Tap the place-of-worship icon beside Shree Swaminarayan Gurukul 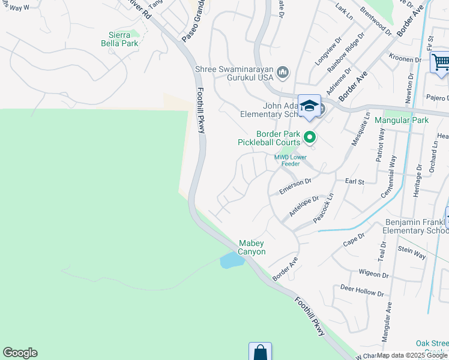[283, 73]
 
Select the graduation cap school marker [309, 106]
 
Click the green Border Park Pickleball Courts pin [310, 138]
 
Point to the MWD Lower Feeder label [291, 161]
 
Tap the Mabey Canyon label [252, 248]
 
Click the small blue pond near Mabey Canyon [231, 260]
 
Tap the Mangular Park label [401, 120]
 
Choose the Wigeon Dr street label [373, 274]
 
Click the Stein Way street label [411, 252]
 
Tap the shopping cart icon [441, 62]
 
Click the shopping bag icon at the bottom [260, 352]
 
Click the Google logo [20, 353]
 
